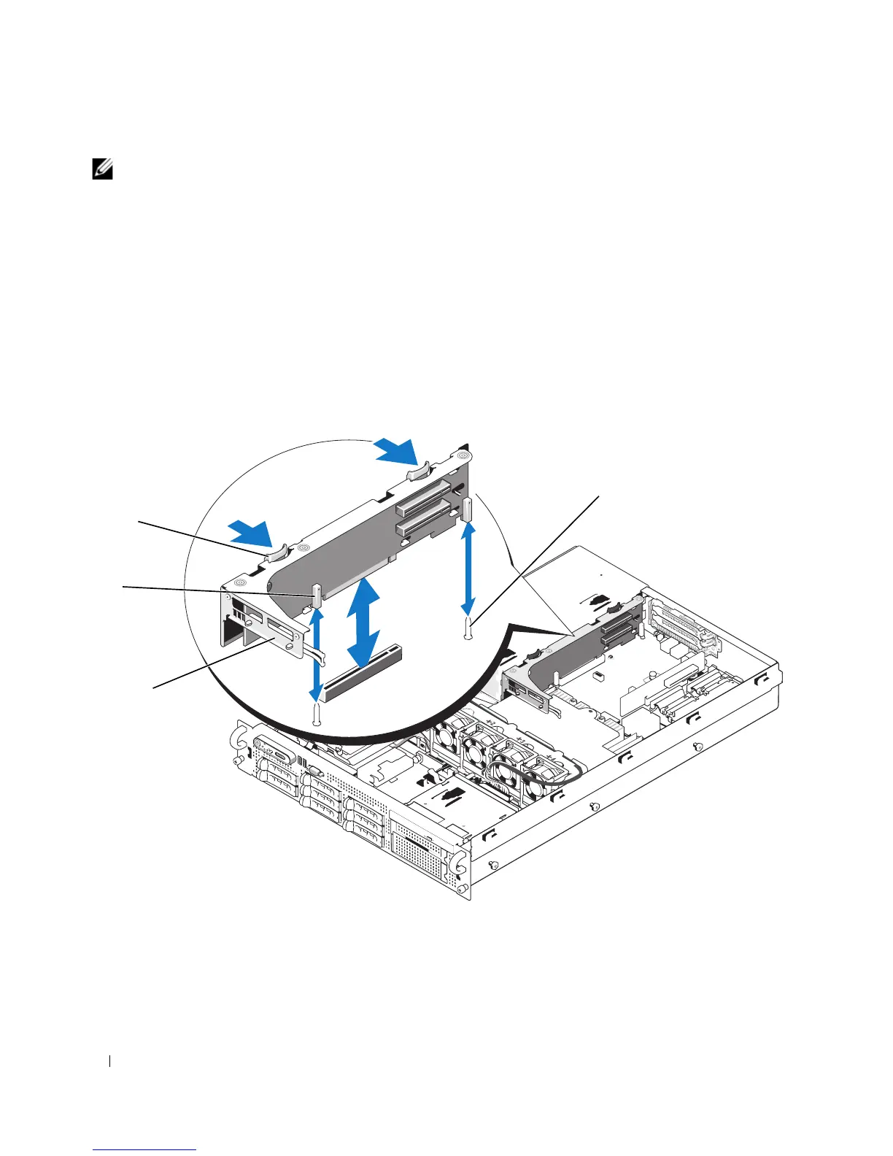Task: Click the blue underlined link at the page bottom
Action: pyautogui.click(x=145, y=1150)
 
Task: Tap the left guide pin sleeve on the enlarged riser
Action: pyautogui.click(x=316, y=596)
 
